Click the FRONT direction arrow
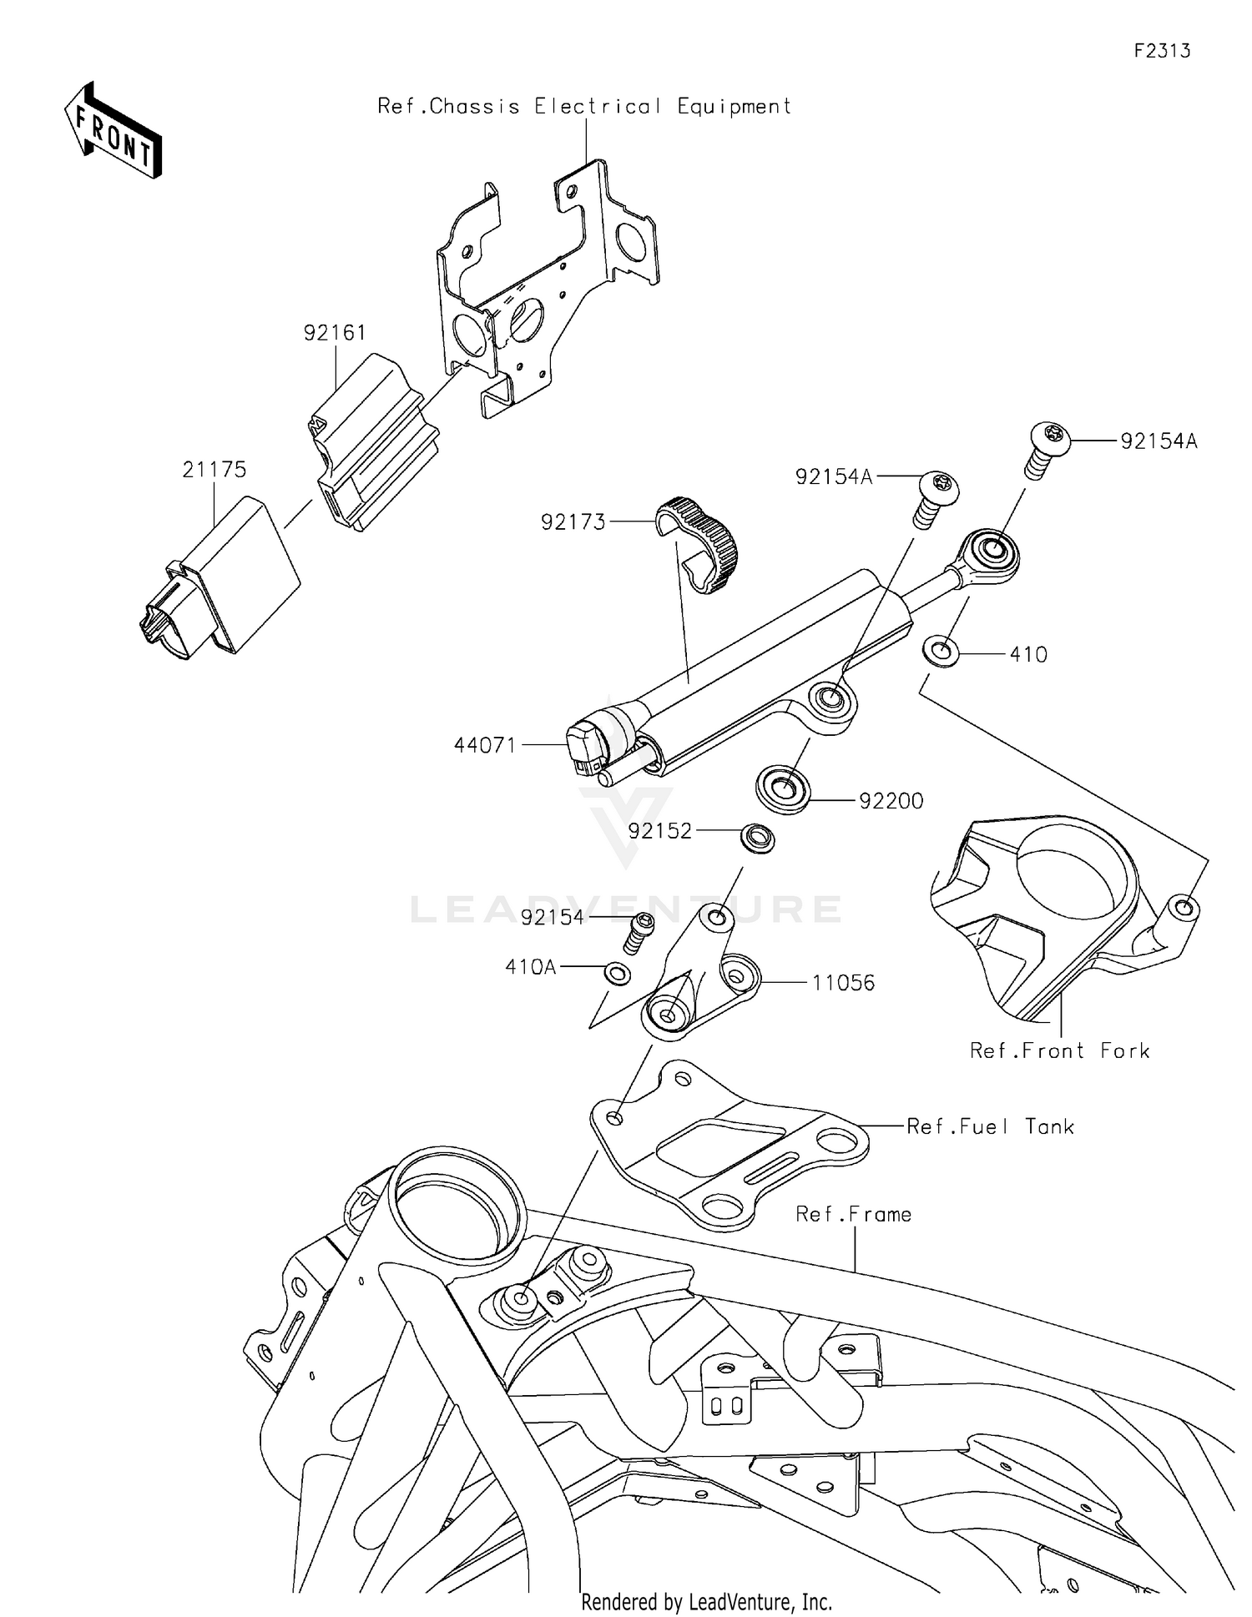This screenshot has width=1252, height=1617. [114, 132]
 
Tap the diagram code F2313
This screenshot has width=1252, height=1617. [1161, 51]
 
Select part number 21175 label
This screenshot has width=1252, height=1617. [215, 470]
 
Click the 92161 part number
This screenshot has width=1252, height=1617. [335, 333]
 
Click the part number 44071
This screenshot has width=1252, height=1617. [485, 745]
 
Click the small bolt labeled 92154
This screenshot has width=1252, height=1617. [639, 930]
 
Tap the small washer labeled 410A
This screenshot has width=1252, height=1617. [618, 972]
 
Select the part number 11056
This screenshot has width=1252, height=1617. [843, 983]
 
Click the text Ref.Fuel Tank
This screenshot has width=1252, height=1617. [990, 1126]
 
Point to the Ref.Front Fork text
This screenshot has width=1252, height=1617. [1059, 1050]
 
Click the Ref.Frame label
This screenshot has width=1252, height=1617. [853, 1214]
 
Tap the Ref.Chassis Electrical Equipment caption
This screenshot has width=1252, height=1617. [584, 107]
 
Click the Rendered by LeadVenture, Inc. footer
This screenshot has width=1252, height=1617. [706, 1601]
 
